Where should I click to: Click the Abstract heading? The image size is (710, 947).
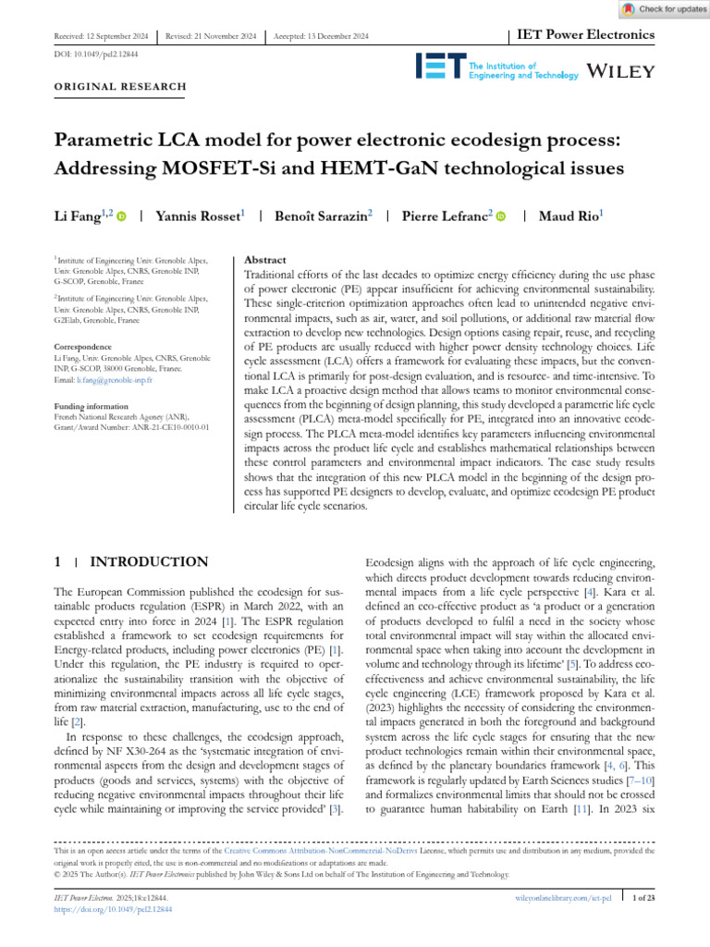[x=264, y=261]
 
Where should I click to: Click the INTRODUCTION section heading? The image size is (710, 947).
[x=149, y=561]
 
